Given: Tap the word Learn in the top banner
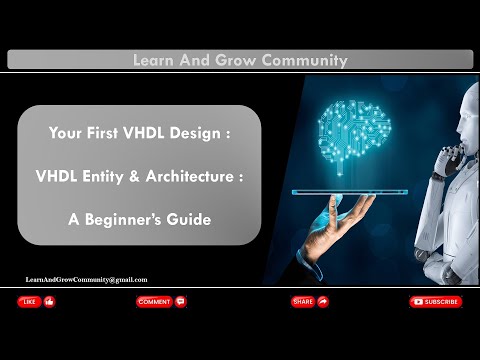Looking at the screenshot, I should coord(154,60).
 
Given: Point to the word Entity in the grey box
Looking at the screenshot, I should coord(118,175).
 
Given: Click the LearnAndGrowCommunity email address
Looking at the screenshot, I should coord(86,280).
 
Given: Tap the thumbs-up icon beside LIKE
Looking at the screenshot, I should coord(50,301).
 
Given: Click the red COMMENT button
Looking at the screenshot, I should coord(154,301).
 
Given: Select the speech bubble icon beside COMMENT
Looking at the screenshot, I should coord(180,301).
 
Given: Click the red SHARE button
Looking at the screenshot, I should coord(302,301).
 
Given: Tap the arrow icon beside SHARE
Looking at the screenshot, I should coord(323,301).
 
